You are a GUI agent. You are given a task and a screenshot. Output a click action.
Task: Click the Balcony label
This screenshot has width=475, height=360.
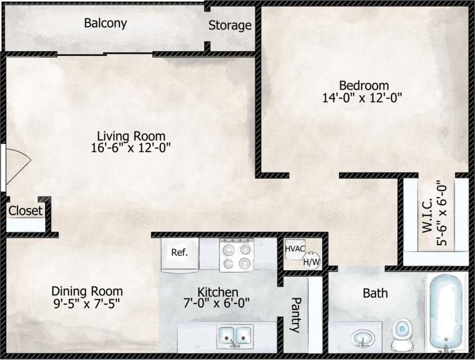click(x=105, y=24)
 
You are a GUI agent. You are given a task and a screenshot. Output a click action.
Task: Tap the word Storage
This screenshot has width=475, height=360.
click(x=230, y=26)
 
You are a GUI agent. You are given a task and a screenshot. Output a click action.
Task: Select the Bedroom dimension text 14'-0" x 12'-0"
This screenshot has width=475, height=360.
click(x=363, y=98)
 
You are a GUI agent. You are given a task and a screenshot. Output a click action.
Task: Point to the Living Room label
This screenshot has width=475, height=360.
click(x=131, y=136)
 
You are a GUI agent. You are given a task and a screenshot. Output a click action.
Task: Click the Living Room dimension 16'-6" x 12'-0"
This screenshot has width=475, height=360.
click(x=131, y=148)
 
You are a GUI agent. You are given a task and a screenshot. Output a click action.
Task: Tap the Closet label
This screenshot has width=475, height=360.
click(x=26, y=210)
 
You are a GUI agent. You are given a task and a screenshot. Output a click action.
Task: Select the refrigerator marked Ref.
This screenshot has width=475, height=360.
click(x=180, y=253)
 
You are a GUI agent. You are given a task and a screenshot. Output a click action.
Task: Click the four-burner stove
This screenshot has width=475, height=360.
click(x=236, y=254)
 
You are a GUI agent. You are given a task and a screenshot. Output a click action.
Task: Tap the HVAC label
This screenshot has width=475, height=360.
click(x=295, y=248)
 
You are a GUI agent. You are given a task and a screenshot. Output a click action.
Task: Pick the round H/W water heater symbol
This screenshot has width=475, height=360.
click(x=311, y=260)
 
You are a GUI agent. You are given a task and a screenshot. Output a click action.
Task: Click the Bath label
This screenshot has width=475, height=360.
click(x=376, y=293)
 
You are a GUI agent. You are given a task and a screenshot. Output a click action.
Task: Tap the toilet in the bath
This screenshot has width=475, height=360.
click(x=402, y=333)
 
